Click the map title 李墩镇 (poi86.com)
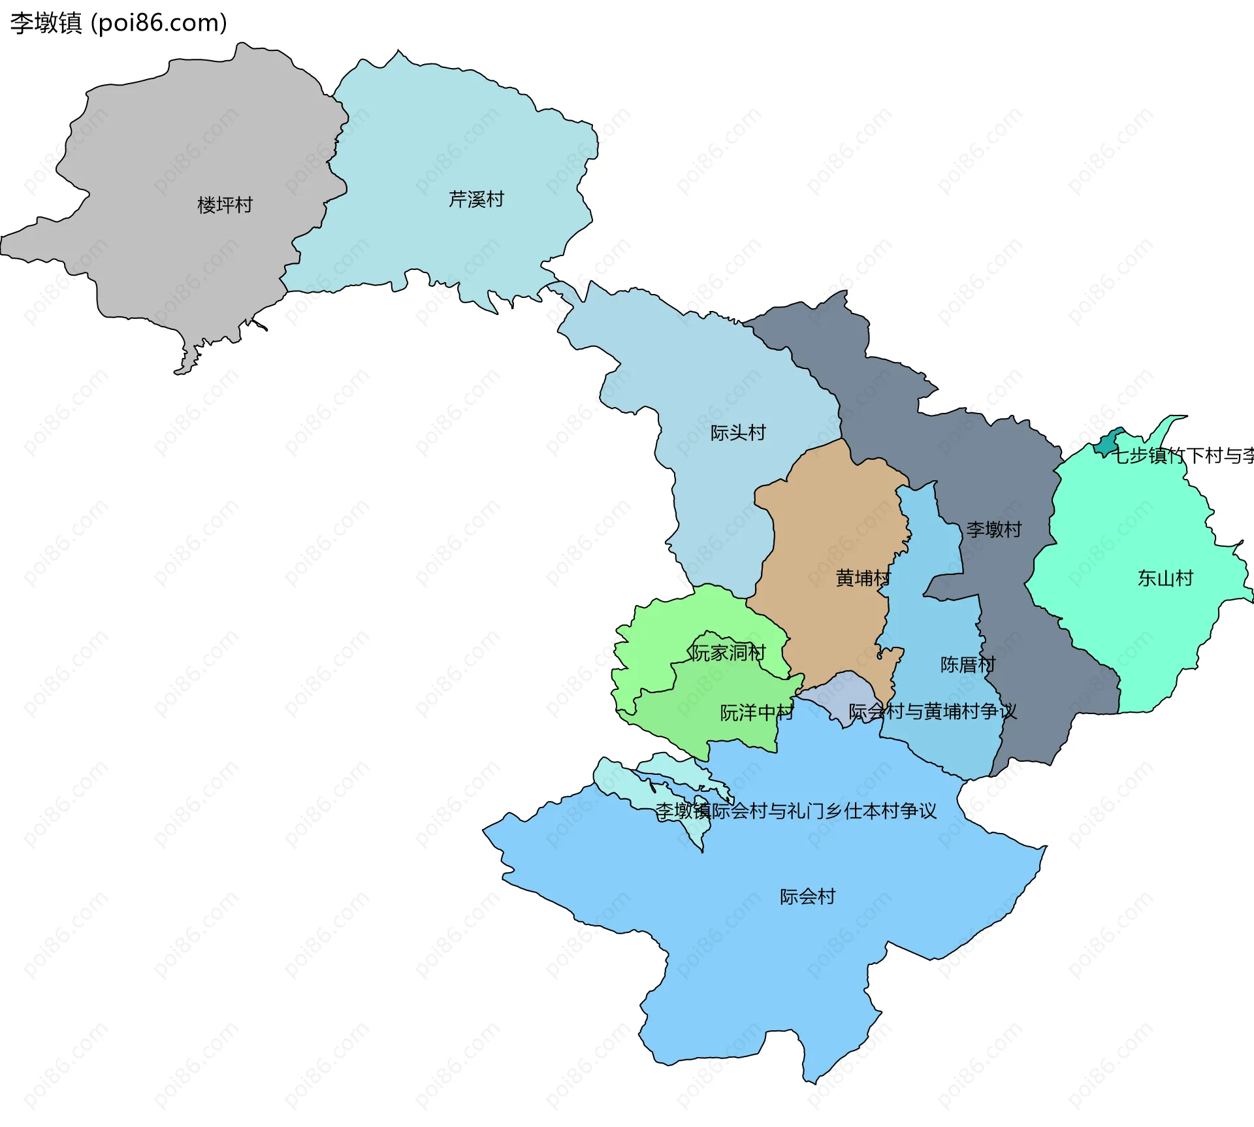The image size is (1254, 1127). [x=118, y=23]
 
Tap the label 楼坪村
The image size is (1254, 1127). [x=225, y=205]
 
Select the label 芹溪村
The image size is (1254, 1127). [x=476, y=199]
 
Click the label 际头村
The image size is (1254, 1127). [x=737, y=433]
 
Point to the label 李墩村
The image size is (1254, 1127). [x=993, y=529]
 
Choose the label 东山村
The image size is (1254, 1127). [x=1165, y=578]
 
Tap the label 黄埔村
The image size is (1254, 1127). [x=862, y=578]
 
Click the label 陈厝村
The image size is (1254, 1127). [x=967, y=665]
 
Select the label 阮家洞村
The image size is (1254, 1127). [x=728, y=653]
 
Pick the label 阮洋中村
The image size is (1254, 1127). [x=756, y=713]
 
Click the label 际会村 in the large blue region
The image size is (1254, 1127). [x=807, y=896]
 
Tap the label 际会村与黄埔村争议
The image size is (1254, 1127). [x=932, y=711]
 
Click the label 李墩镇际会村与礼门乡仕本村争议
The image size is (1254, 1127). [x=796, y=811]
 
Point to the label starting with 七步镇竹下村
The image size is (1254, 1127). [x=1182, y=455]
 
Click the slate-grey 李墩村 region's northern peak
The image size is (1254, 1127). [x=839, y=307]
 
